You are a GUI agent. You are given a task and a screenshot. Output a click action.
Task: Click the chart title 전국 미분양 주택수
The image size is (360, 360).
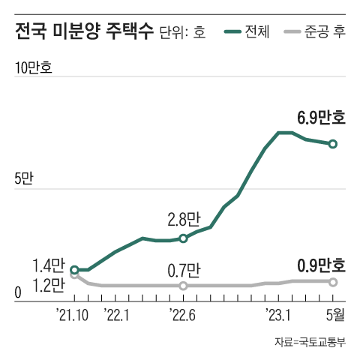(x=83, y=31)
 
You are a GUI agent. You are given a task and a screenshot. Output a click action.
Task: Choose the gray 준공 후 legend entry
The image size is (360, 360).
(x=316, y=33)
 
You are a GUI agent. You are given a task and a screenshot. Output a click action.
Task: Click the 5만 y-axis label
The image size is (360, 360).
(x=24, y=180)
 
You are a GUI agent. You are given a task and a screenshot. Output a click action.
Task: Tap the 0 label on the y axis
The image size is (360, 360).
(x=18, y=293)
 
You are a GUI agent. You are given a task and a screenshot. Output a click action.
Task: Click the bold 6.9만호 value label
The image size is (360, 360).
(x=322, y=118)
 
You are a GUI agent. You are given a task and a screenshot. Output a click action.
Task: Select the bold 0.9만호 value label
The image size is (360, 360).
(x=322, y=265)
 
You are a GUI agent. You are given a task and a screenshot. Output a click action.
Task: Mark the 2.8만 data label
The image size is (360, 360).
(x=184, y=220)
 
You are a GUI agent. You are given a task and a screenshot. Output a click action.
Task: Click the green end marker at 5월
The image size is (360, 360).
(x=333, y=143)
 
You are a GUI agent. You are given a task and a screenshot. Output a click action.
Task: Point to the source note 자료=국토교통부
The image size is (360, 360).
(x=309, y=343)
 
